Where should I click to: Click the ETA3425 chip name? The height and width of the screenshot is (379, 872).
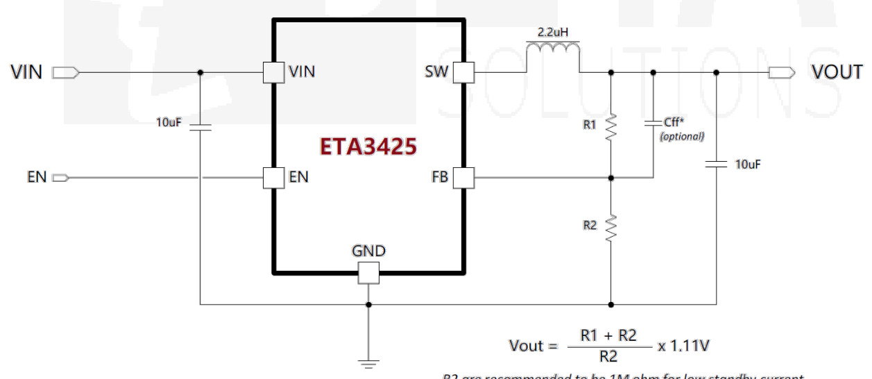(x=368, y=146)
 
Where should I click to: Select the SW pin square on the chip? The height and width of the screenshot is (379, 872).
(x=463, y=72)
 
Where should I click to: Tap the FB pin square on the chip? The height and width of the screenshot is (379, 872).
(x=463, y=178)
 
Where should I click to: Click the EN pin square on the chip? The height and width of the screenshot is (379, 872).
(x=273, y=178)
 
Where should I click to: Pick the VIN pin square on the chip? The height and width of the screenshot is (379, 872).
(x=273, y=72)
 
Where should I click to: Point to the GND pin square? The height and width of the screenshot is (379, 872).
(x=368, y=273)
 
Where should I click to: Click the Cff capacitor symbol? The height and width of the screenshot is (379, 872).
(x=653, y=124)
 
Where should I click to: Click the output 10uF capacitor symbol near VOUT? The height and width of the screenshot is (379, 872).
(x=716, y=165)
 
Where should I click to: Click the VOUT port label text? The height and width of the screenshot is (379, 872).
(x=837, y=72)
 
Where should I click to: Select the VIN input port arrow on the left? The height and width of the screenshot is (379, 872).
(x=66, y=72)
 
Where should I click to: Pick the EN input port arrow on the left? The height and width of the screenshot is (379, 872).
(x=61, y=178)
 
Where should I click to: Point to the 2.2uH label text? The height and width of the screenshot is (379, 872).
(x=553, y=32)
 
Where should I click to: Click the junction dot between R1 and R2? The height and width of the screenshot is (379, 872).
(x=610, y=178)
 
